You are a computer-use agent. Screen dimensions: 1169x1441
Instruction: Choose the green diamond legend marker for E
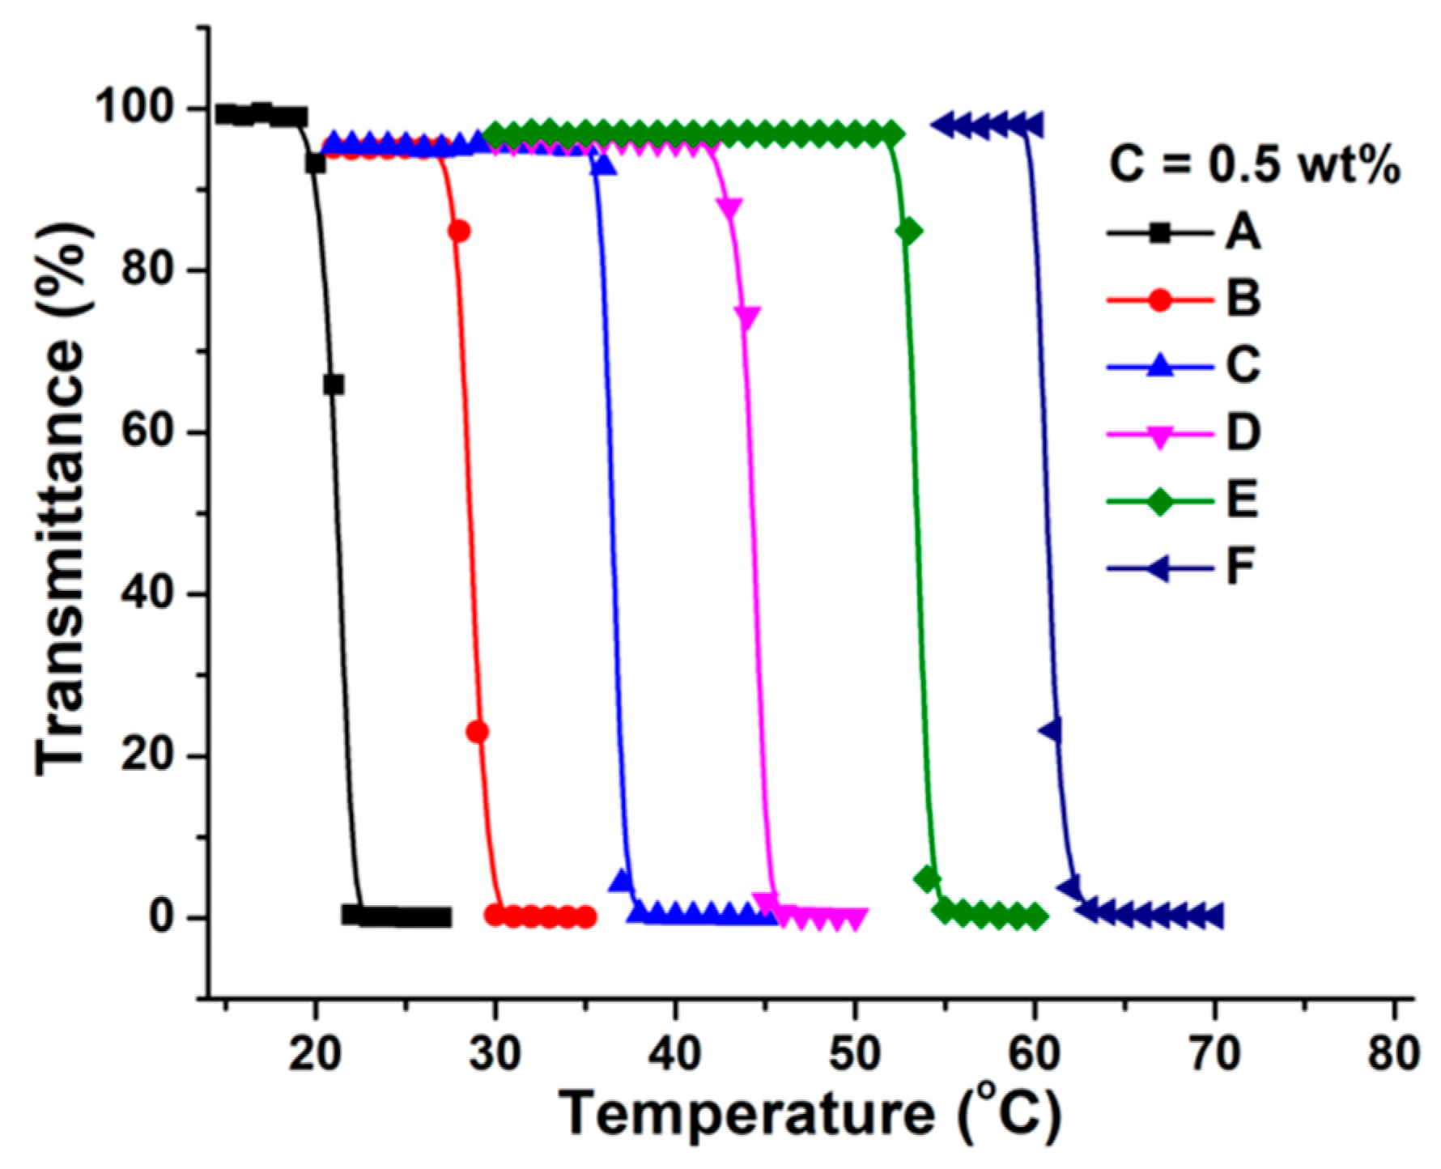(x=1161, y=501)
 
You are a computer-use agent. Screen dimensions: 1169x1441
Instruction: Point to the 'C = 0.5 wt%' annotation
(x=1253, y=167)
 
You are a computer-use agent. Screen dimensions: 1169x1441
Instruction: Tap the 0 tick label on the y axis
(x=165, y=918)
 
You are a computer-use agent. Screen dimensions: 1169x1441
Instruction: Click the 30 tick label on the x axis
(x=495, y=1054)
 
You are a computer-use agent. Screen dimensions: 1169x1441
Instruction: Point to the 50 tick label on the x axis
(x=855, y=1054)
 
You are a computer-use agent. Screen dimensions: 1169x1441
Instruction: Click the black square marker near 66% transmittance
(x=334, y=385)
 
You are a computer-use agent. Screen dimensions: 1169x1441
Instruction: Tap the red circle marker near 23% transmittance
(x=478, y=732)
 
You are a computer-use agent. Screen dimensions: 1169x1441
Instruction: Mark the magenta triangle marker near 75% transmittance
(x=747, y=317)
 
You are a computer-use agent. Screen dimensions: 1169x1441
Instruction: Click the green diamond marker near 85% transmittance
(x=909, y=232)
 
